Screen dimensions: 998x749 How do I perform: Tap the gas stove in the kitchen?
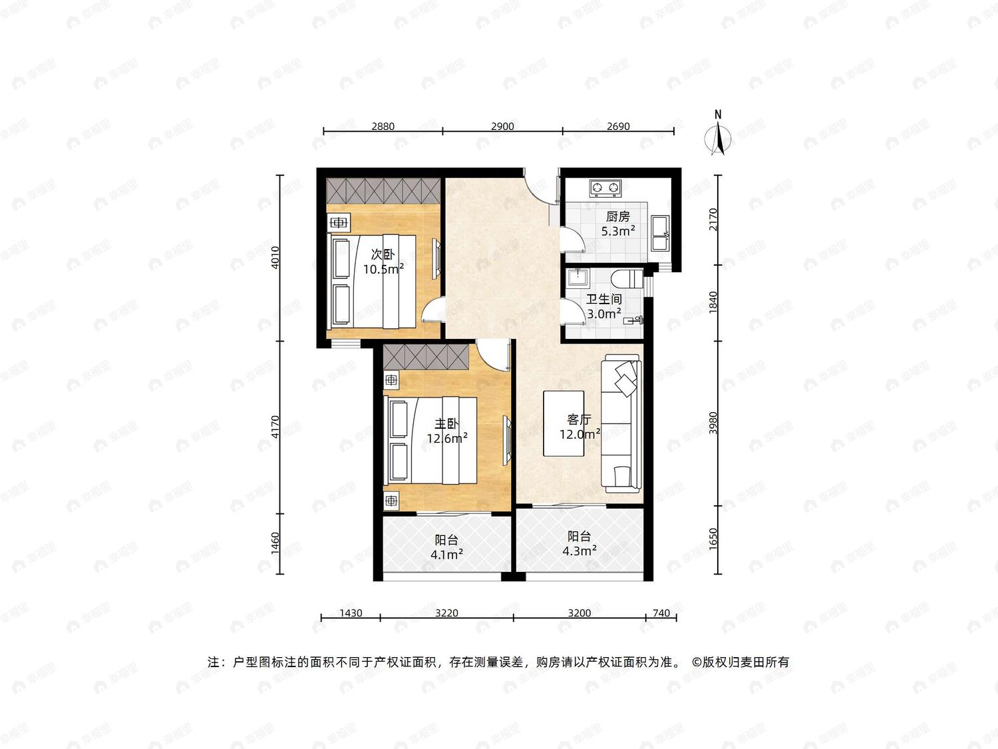605,188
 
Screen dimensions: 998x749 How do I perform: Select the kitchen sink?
660,233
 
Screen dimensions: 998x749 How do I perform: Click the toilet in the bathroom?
627,279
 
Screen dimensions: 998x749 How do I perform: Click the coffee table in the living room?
564,423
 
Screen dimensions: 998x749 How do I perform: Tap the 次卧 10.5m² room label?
383,262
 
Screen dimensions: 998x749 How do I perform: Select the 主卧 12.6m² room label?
447,431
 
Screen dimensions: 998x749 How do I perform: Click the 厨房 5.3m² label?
618,224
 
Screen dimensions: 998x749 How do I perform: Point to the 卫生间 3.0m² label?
604,306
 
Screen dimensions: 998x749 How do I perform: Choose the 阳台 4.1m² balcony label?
446,547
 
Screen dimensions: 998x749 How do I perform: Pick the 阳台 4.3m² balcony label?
580,543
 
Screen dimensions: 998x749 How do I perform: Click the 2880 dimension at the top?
383,126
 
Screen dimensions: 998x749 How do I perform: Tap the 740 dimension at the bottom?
661,613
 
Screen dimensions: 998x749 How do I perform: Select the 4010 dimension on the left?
275,258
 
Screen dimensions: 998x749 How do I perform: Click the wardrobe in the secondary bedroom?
383,190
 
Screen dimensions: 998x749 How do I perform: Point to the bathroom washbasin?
578,277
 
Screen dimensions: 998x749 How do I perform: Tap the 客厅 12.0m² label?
580,427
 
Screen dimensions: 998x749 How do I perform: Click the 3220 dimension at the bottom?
446,613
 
